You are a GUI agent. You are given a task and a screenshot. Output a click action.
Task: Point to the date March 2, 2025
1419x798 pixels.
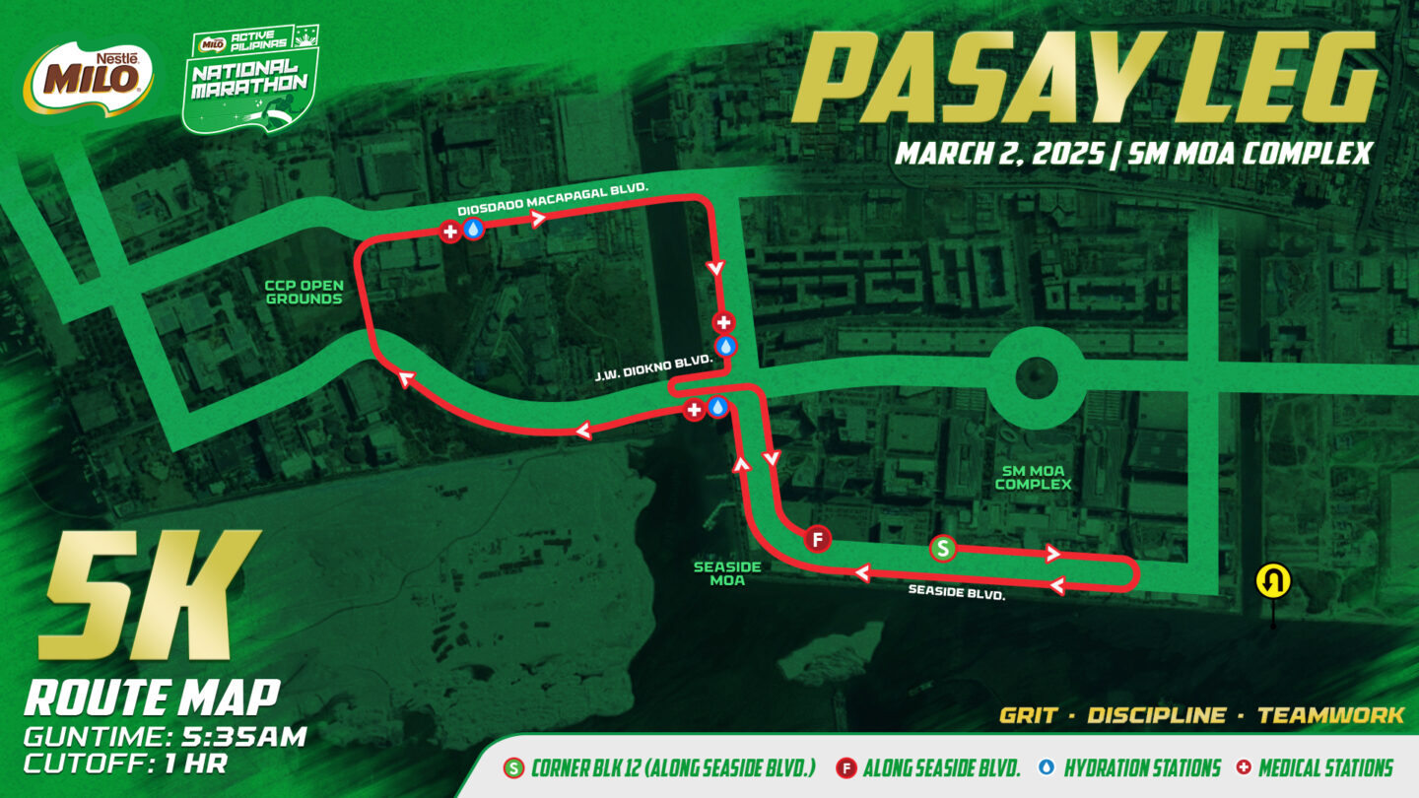click(x=996, y=154)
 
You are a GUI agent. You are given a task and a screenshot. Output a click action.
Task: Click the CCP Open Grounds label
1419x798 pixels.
click(x=304, y=292)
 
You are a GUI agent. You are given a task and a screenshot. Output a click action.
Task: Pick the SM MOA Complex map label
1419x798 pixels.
click(x=1032, y=477)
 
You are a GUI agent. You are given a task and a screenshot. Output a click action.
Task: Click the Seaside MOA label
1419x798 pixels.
click(x=718, y=573)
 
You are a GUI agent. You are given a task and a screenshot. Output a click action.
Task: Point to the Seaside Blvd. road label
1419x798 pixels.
click(x=956, y=593)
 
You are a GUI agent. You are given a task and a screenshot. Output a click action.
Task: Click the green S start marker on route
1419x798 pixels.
click(x=943, y=549)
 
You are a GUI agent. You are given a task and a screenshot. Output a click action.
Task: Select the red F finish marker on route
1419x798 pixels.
click(x=816, y=539)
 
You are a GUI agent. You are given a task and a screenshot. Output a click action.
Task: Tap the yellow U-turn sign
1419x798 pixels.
click(x=1272, y=582)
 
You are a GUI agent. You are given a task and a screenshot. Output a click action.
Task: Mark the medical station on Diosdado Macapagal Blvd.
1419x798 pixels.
click(x=450, y=232)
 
